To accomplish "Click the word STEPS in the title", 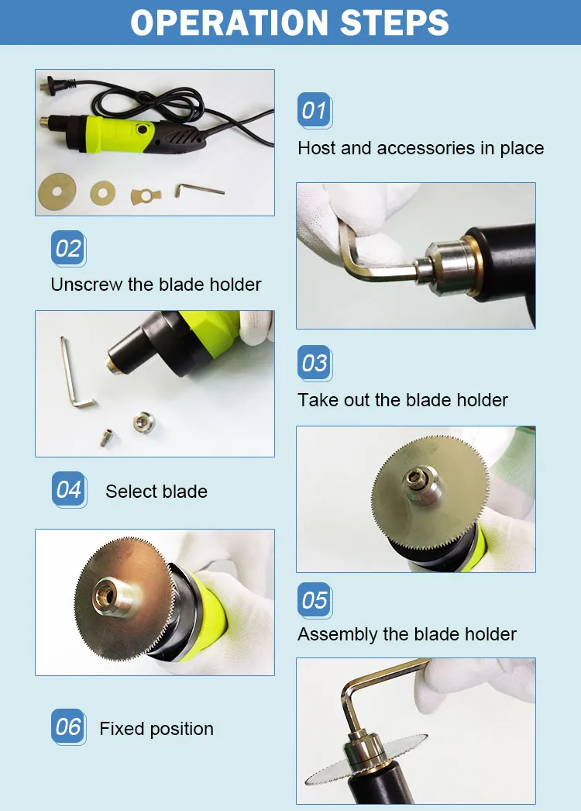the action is [x=395, y=22].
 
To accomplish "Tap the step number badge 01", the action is [x=315, y=110].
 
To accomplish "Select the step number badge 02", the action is [x=68, y=248].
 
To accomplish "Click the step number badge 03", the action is [x=315, y=363].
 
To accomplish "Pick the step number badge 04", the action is [x=69, y=489].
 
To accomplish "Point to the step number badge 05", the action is [x=315, y=600].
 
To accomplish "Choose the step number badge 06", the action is [x=68, y=726].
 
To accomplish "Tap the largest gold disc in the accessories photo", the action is [x=57, y=192].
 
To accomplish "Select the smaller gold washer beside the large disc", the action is [x=102, y=193].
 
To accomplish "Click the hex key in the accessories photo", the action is [x=198, y=190].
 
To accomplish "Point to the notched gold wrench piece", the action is [x=146, y=196].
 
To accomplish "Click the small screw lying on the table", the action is [x=107, y=437].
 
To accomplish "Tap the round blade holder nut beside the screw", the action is [x=143, y=422].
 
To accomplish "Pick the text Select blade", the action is [x=156, y=492].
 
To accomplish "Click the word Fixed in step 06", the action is [x=122, y=729].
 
